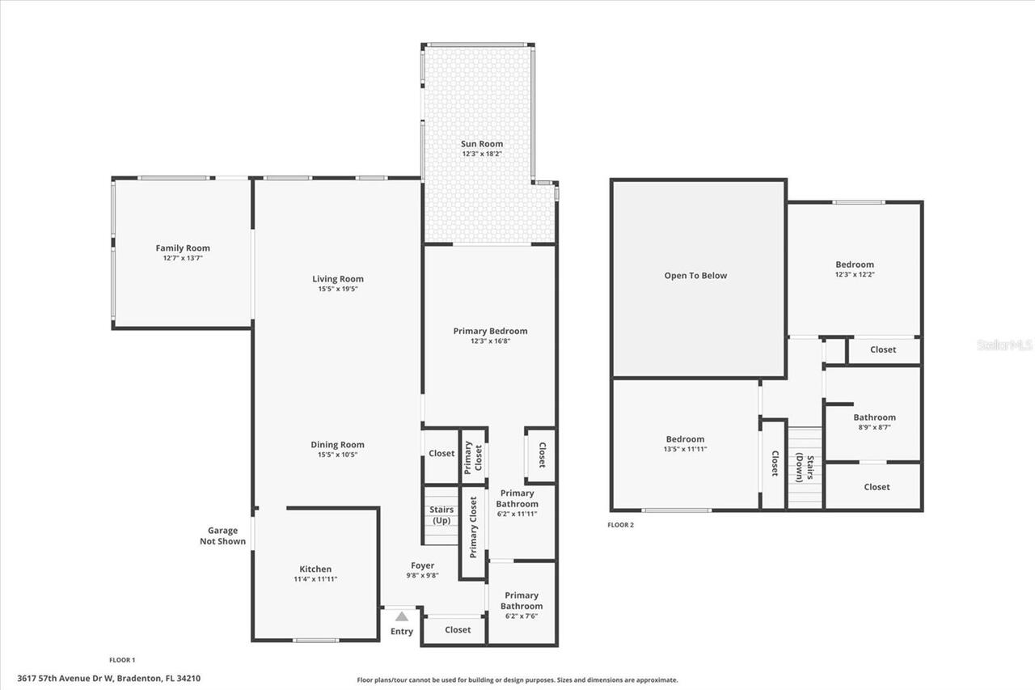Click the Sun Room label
[x=482, y=144]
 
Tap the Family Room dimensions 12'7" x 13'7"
[x=183, y=258]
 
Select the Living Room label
[x=338, y=279]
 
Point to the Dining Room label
[x=337, y=444]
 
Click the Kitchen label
[x=315, y=569]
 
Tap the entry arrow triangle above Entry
[x=402, y=616]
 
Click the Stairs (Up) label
[x=441, y=514]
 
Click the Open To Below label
[x=695, y=275]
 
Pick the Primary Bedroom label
[x=490, y=331]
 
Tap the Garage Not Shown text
[x=222, y=536]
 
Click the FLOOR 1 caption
[x=122, y=660]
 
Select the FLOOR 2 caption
[x=621, y=525]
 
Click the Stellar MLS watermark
[x=1004, y=345]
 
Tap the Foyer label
[x=422, y=565]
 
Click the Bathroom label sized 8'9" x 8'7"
[x=874, y=417]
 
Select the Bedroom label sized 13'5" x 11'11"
[x=684, y=439]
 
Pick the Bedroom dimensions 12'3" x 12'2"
[x=855, y=274]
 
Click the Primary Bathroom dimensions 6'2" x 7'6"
[x=522, y=616]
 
